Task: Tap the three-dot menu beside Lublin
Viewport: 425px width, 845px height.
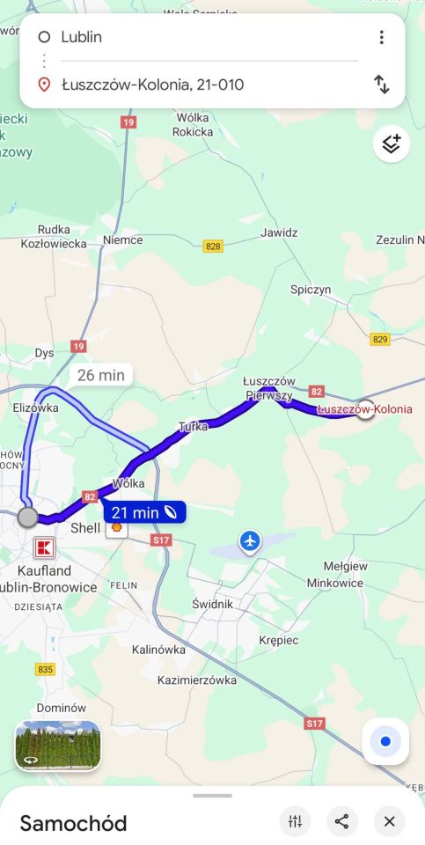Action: pos(381,37)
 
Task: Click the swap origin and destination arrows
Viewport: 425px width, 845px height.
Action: pos(381,84)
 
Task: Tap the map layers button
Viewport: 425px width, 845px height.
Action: pos(392,144)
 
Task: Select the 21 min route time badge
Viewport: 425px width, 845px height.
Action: pos(146,512)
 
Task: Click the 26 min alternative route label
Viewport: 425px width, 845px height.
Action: pos(101,375)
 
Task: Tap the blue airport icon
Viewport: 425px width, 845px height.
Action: pos(251,540)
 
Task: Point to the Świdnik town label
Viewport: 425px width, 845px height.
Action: pos(212,604)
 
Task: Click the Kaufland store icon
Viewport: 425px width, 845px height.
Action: pos(43,547)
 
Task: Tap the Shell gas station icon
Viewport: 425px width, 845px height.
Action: pos(116,528)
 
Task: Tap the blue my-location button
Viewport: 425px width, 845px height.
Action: pos(385,741)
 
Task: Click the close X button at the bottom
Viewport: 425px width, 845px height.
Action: pos(389,821)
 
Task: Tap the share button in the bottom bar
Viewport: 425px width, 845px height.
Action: pos(342,821)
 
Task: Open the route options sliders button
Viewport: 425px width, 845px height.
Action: pos(295,821)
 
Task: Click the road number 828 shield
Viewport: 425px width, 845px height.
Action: pos(213,246)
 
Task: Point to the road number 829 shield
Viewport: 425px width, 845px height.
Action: pos(380,339)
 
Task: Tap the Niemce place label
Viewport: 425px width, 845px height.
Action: pos(122,239)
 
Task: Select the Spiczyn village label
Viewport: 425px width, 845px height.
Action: pos(311,289)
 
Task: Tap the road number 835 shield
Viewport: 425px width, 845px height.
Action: pos(46,669)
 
